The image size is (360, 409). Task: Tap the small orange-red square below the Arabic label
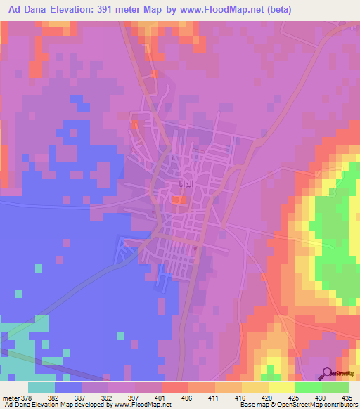(179, 202)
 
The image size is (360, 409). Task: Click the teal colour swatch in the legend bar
(41, 387)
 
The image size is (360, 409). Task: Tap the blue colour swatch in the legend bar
(68, 387)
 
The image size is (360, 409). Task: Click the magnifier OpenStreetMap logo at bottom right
(327, 373)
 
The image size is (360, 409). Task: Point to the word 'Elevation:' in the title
(72, 10)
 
